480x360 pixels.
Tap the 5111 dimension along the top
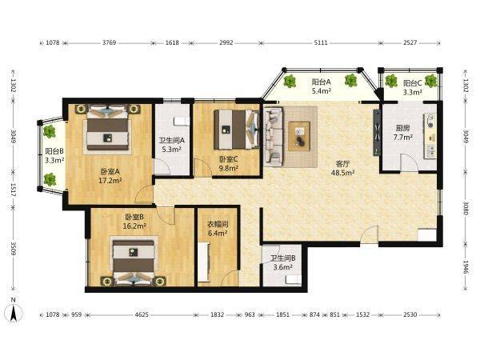pos(321,43)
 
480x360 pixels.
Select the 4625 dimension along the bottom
pos(142,314)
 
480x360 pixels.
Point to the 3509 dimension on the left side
pos(13,249)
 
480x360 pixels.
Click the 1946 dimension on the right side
pos(466,267)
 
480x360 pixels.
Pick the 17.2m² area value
pos(110,181)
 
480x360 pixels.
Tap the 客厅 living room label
pos(342,163)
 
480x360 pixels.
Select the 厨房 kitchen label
pos(402,128)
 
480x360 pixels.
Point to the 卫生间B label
pos(282,258)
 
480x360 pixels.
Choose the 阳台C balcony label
pos(412,83)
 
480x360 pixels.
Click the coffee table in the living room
pos(299,136)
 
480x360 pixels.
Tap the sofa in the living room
pos(273,137)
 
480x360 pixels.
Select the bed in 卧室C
pos(236,130)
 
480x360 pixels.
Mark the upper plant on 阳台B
pos(50,132)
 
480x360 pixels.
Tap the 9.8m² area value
pos(229,168)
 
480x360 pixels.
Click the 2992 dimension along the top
pos(226,43)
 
